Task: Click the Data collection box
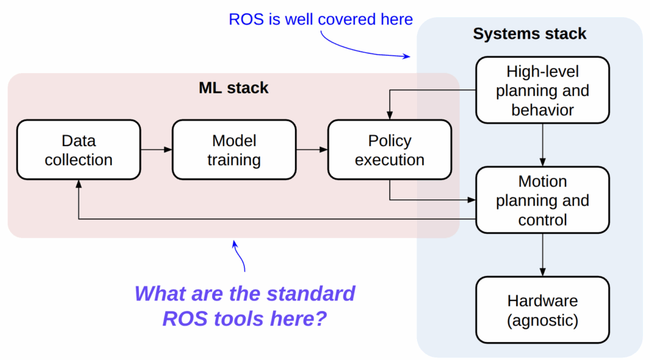[x=79, y=150]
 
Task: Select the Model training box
[x=234, y=150]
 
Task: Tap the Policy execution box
[x=390, y=150]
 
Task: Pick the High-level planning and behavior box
[x=542, y=90]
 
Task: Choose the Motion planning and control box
[x=542, y=200]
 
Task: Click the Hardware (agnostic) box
[x=542, y=310]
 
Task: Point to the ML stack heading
[x=234, y=88]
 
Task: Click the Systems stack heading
[x=529, y=34]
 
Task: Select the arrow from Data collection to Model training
[x=156, y=150]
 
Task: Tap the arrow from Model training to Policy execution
[x=312, y=150]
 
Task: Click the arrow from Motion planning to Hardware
[x=542, y=255]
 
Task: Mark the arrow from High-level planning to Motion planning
[x=542, y=145]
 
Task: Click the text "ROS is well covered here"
[x=321, y=19]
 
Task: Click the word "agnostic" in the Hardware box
[x=543, y=320]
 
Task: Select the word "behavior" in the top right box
[x=542, y=109]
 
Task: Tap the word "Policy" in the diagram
[x=390, y=140]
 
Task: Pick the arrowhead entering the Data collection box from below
[x=79, y=183]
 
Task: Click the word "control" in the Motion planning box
[x=542, y=220]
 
